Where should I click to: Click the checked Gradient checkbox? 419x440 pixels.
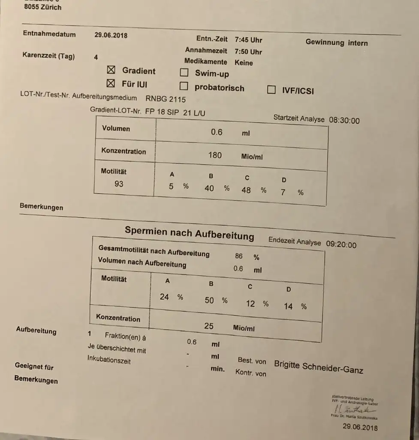tap(111, 70)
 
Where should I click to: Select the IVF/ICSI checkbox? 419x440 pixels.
tap(271, 90)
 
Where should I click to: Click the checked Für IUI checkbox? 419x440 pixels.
tap(111, 83)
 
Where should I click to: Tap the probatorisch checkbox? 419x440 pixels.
tap(184, 86)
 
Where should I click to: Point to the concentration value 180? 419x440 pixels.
tap(215, 155)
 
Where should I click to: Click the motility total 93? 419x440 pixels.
tap(119, 184)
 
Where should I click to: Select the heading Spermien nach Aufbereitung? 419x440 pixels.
tap(189, 232)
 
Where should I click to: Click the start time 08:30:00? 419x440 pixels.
tap(344, 121)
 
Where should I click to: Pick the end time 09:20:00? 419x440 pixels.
tap(341, 244)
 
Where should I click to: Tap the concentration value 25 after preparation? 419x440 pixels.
tap(209, 326)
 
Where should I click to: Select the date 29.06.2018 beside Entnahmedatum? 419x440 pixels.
tap(111, 35)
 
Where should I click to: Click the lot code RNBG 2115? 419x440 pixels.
tap(166, 99)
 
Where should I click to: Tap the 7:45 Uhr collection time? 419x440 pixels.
tap(248, 40)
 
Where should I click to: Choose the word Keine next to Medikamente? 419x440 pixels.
tap(244, 63)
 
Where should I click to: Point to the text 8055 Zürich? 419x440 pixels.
tap(42, 7)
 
